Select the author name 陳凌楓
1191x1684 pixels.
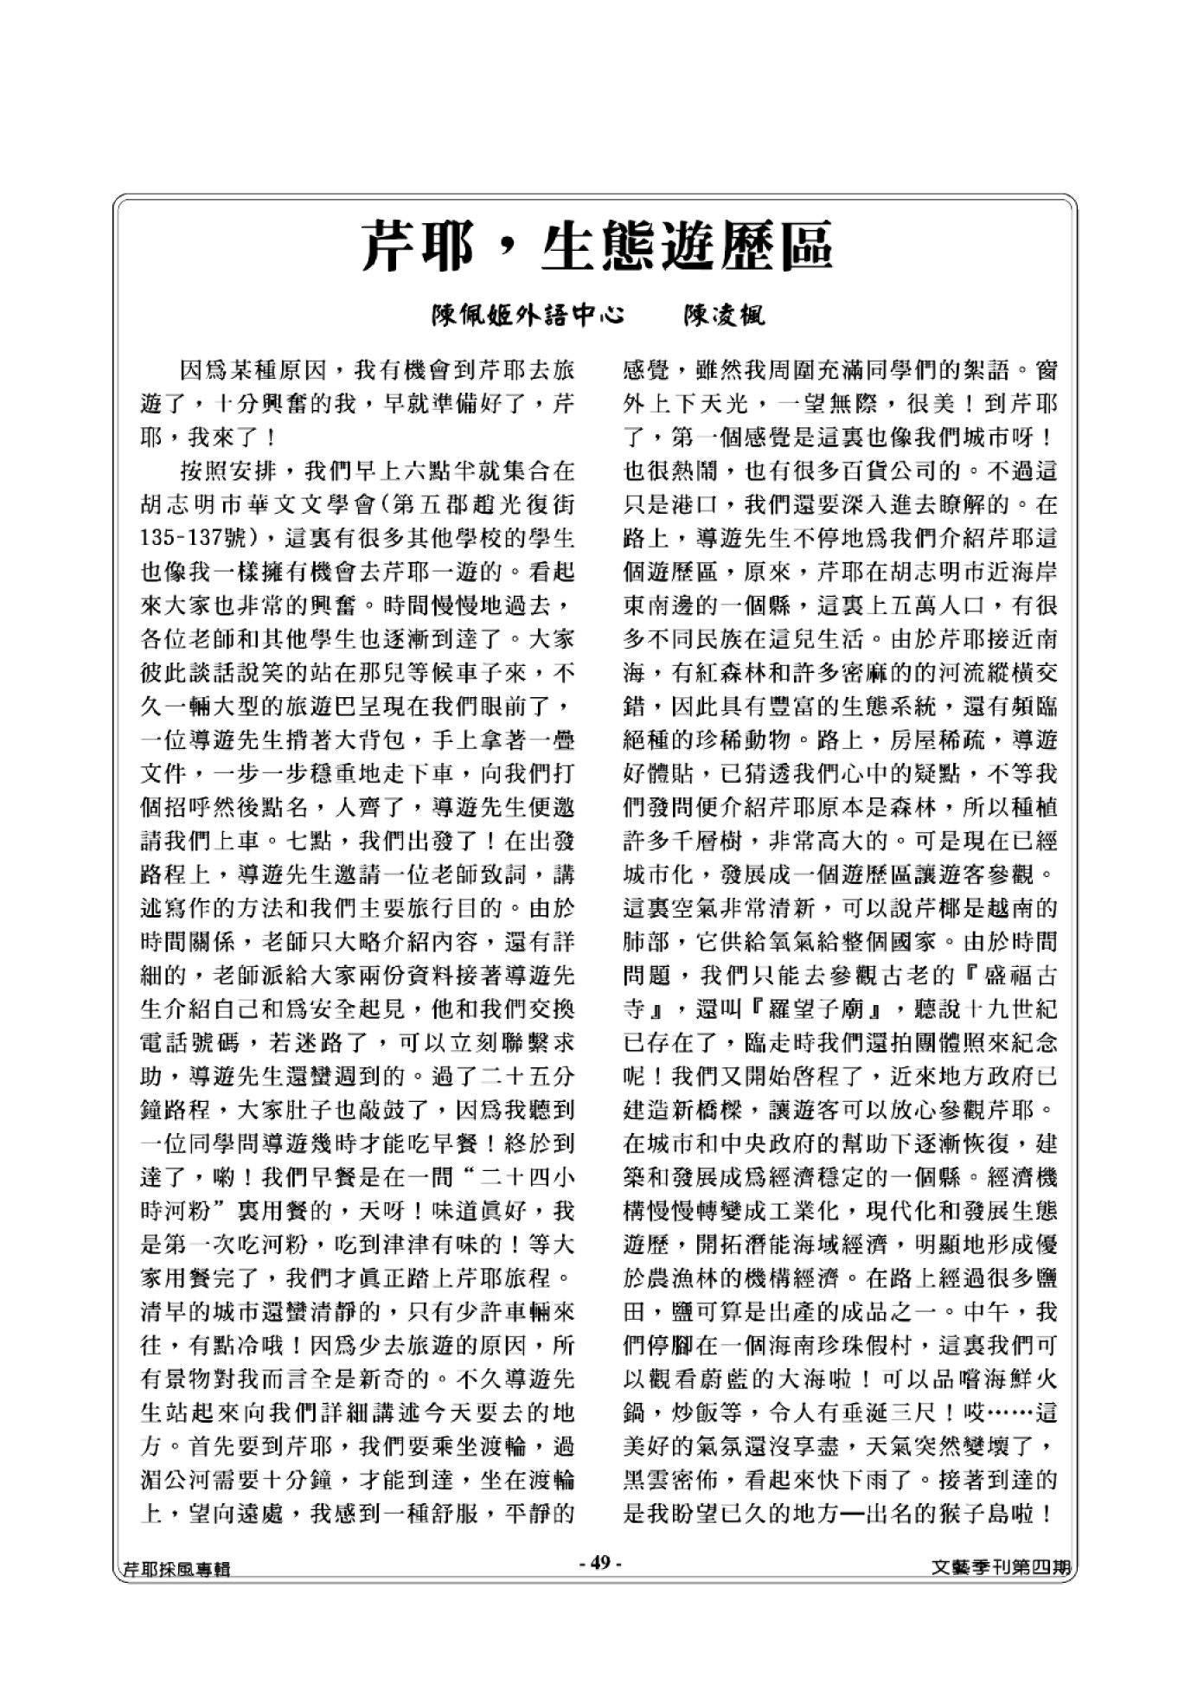pos(724,317)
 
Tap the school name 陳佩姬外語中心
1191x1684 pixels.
pos(528,317)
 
